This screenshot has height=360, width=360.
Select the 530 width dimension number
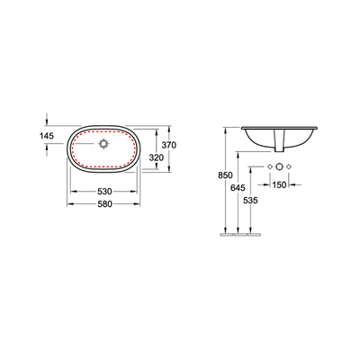(105, 192)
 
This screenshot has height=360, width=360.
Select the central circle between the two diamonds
(279, 168)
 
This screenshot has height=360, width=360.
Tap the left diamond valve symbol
(268, 168)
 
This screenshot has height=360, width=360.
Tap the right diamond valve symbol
(291, 168)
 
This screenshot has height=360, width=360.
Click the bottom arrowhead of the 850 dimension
(222, 235)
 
